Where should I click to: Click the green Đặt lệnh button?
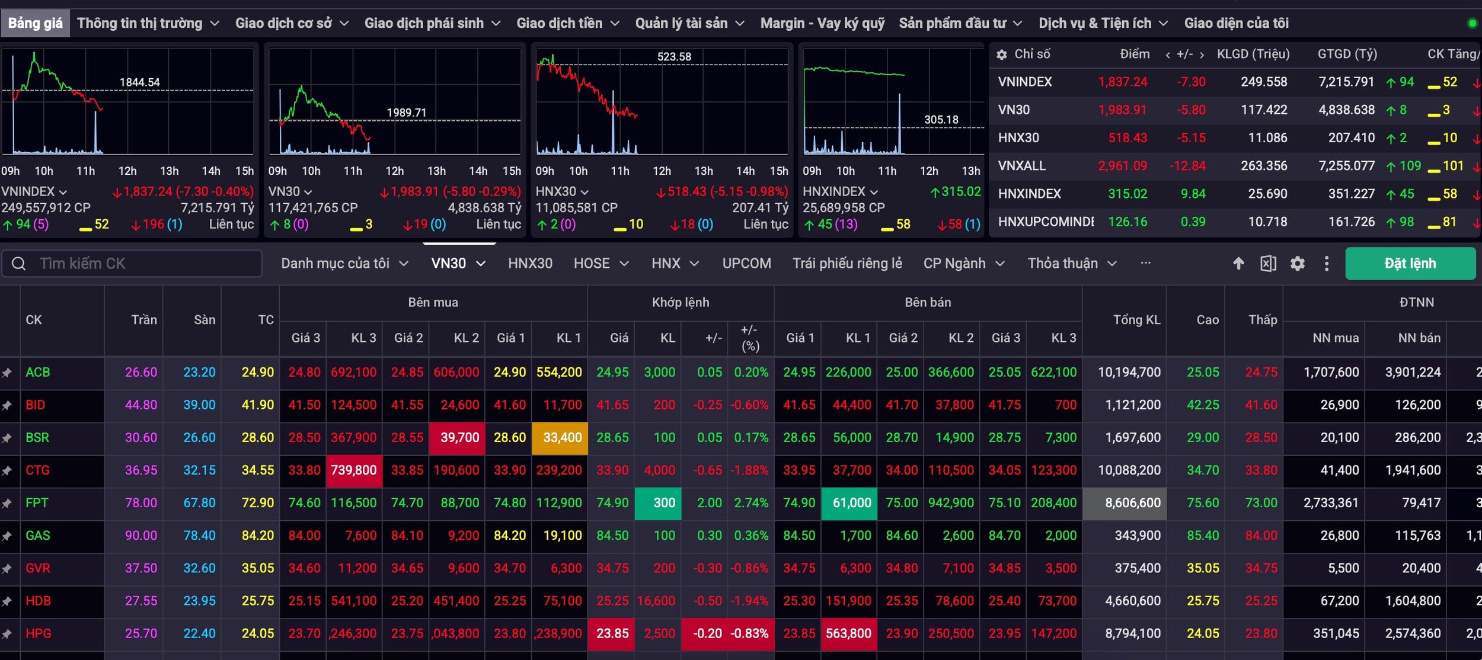(x=1410, y=264)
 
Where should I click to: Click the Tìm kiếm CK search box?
(x=132, y=264)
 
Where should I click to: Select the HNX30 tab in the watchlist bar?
(x=530, y=264)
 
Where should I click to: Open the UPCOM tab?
(x=746, y=264)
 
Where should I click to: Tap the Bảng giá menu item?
(x=36, y=23)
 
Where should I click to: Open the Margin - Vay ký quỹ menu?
(x=822, y=23)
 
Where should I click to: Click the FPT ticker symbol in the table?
(x=37, y=503)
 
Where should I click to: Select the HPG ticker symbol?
(x=39, y=633)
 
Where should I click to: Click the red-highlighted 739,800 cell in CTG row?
(x=354, y=470)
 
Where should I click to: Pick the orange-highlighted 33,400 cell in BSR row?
(x=560, y=438)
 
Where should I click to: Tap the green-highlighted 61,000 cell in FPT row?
(x=849, y=503)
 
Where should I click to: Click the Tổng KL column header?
(x=1136, y=320)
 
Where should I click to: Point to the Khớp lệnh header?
(x=681, y=302)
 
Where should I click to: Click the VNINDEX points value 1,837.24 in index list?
(x=1123, y=82)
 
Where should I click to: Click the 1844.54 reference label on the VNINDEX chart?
(x=140, y=82)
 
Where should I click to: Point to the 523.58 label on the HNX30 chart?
(x=674, y=57)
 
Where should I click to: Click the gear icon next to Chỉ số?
(x=1002, y=55)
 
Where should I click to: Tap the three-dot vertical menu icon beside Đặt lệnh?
(x=1327, y=264)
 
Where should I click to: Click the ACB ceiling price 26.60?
(x=141, y=373)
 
